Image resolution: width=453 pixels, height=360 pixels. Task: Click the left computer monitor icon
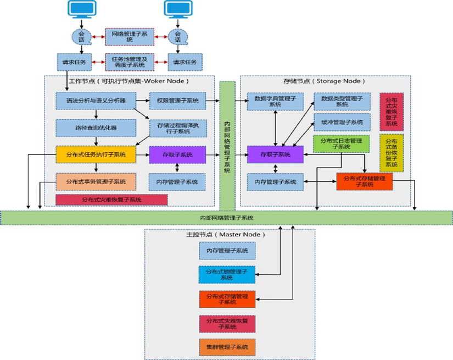tap(82, 9)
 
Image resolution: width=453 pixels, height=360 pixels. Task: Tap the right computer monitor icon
tap(177, 9)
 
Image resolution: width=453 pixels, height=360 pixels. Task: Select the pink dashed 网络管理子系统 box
tap(130, 37)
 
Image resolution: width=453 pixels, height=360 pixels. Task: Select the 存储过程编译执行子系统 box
tap(177, 128)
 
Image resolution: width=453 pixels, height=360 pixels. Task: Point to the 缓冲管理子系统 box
tap(342, 121)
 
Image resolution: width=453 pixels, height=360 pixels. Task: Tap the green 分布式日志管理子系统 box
tap(341, 144)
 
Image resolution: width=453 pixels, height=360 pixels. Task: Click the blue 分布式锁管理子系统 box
tap(227, 275)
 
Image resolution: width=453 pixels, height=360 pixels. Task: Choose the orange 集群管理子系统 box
tap(227, 347)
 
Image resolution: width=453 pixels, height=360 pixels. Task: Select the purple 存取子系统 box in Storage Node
tap(275, 155)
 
